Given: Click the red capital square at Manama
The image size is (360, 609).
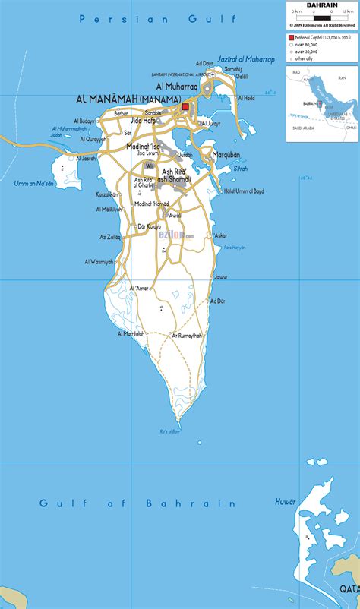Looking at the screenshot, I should tap(185, 107).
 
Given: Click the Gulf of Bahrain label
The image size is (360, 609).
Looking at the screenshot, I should tap(137, 503).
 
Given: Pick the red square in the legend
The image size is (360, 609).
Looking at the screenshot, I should tap(291, 36).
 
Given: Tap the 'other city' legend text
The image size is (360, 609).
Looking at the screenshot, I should tap(305, 58).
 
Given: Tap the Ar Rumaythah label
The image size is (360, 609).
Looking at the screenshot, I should tap(186, 335).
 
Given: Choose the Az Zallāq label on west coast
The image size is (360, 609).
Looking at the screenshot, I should tap(111, 238).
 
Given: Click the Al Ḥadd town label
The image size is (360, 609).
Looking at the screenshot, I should tap(247, 98).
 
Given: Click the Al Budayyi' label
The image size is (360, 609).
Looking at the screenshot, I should tap(84, 121).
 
